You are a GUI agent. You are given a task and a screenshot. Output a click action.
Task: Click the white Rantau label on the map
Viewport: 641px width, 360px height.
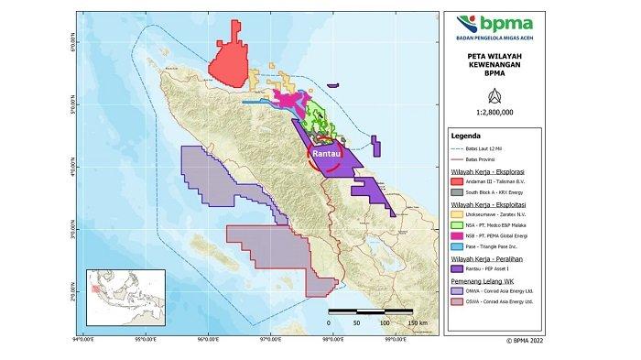[326, 154]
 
